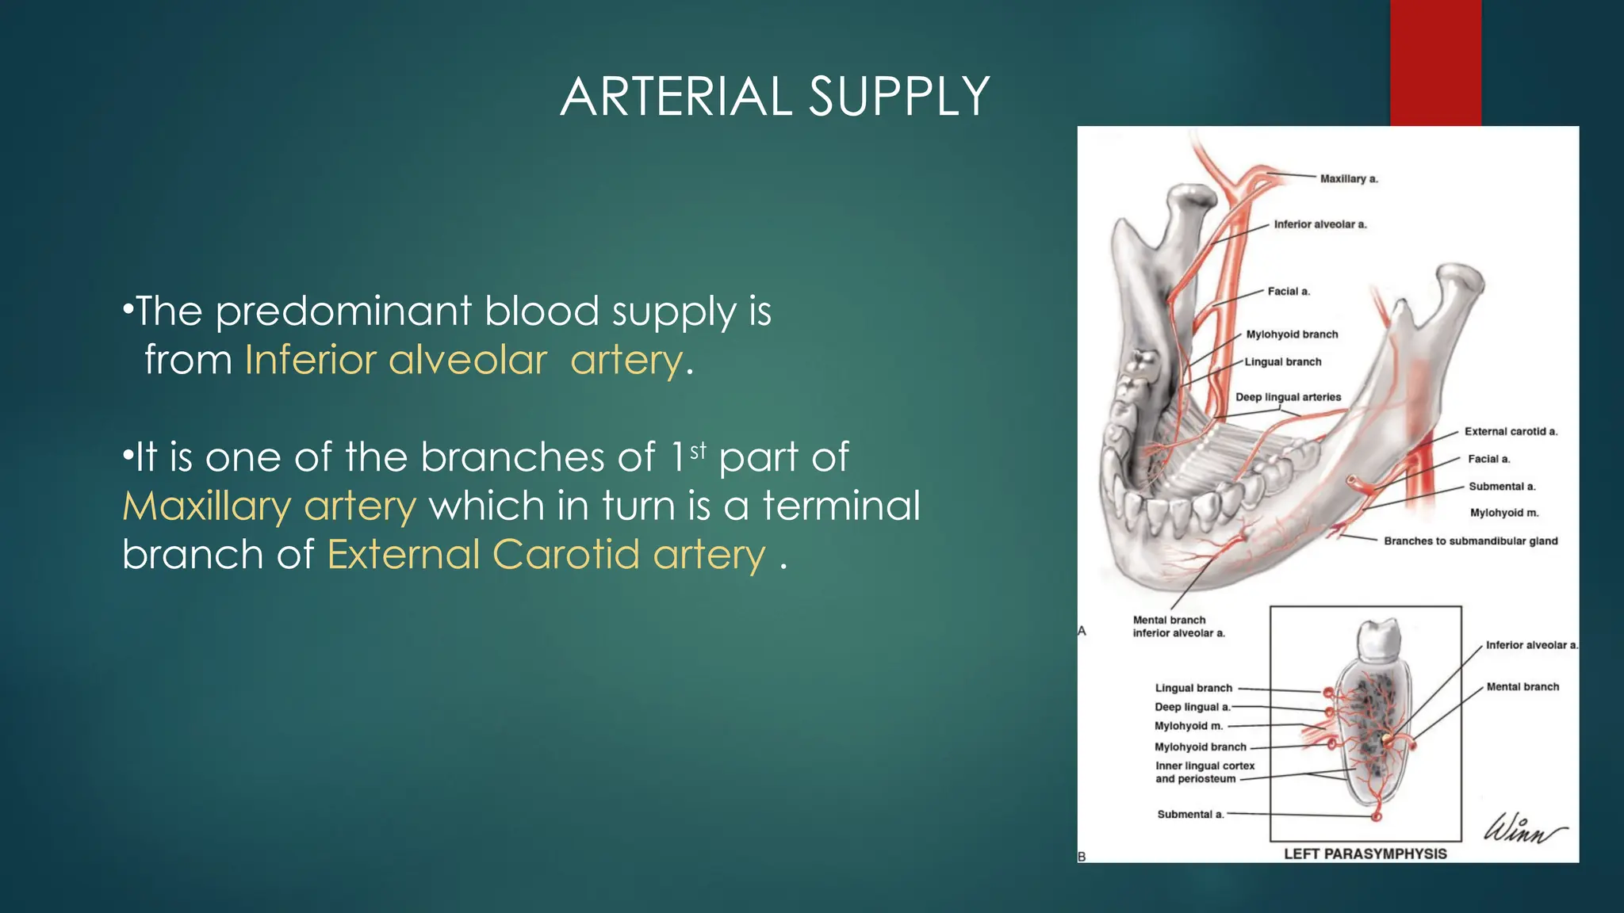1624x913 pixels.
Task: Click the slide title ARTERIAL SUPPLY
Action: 775,97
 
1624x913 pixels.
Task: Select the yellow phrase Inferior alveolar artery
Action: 463,361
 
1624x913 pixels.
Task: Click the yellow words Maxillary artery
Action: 269,506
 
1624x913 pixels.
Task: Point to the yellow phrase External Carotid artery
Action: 546,554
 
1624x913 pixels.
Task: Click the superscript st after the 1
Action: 698,451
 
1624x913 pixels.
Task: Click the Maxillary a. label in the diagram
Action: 1349,179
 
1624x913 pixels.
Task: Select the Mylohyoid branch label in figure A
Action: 1292,334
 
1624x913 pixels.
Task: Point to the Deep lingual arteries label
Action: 1288,397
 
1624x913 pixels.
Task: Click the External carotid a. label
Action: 1511,432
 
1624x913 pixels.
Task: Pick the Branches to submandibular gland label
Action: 1470,541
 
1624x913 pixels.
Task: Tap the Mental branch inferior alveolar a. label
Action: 1178,627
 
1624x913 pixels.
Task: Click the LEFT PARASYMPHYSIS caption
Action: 1365,854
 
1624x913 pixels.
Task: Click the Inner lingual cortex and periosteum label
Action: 1205,772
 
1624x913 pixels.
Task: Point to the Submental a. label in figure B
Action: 1190,814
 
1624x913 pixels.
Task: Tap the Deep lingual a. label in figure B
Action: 1192,707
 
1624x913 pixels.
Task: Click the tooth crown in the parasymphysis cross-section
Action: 1378,640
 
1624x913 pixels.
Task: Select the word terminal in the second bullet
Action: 841,506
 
